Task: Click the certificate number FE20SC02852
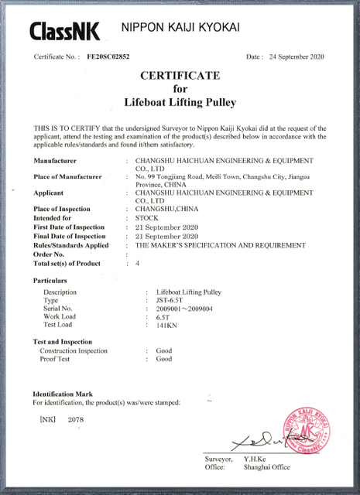[108, 57]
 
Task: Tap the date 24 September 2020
[295, 57]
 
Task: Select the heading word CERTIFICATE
[180, 76]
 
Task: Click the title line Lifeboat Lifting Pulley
[180, 101]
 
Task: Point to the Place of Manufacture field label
[68, 177]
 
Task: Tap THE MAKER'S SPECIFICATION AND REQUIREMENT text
[221, 245]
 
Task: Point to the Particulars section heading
[55, 280]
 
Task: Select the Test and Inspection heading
[62, 342]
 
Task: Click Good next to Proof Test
[164, 359]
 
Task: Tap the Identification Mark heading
[63, 394]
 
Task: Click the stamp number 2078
[76, 419]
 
